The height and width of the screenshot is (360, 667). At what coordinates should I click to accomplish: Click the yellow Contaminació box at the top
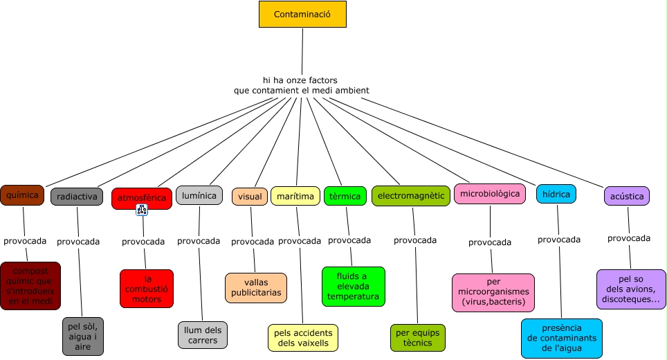click(x=302, y=14)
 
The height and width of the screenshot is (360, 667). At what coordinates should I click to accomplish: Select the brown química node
click(x=22, y=195)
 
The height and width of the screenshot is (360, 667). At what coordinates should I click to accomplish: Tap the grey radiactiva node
click(x=77, y=197)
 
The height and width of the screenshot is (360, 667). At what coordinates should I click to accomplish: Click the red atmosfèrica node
click(x=142, y=198)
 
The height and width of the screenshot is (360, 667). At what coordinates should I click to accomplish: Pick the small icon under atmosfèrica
click(x=143, y=210)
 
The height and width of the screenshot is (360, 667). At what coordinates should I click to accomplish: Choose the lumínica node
click(x=199, y=196)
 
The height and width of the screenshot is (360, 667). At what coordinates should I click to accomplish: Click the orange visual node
click(x=250, y=197)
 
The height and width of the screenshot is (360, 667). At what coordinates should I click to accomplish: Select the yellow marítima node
click(x=295, y=197)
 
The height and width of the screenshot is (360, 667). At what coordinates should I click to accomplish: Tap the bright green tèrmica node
click(x=345, y=196)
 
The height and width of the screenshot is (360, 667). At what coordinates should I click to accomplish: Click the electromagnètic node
click(x=411, y=196)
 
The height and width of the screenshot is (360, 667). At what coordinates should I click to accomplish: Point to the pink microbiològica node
click(x=489, y=194)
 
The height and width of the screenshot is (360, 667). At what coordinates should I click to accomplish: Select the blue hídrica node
click(x=556, y=195)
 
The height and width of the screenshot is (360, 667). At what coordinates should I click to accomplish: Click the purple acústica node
click(x=627, y=196)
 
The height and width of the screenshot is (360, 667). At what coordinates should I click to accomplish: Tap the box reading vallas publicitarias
click(x=255, y=287)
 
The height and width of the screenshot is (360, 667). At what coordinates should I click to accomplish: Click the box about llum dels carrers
click(x=202, y=335)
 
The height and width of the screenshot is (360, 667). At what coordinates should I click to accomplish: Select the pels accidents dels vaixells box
click(x=303, y=338)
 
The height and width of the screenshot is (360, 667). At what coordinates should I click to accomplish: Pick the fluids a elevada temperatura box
click(x=354, y=287)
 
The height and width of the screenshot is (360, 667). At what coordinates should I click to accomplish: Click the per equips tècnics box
click(x=418, y=338)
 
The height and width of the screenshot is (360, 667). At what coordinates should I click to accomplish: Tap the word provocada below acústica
click(x=629, y=238)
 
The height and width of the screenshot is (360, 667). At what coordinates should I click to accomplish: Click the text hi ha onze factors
click(x=300, y=80)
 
